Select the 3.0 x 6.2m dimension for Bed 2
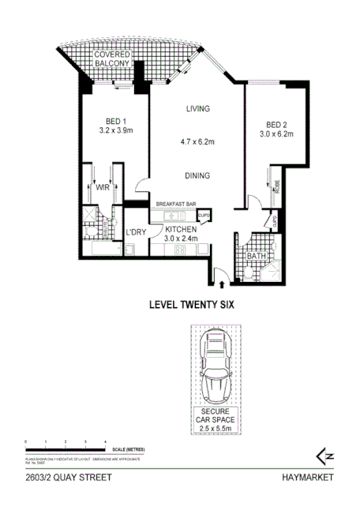(x=279, y=134)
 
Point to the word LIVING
(x=197, y=109)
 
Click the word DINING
(x=197, y=177)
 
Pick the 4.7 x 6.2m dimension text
(x=197, y=143)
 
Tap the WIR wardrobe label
(x=103, y=189)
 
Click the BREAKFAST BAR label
(x=175, y=204)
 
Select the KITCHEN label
(x=181, y=229)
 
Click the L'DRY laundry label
(x=137, y=233)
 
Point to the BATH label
(x=256, y=256)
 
